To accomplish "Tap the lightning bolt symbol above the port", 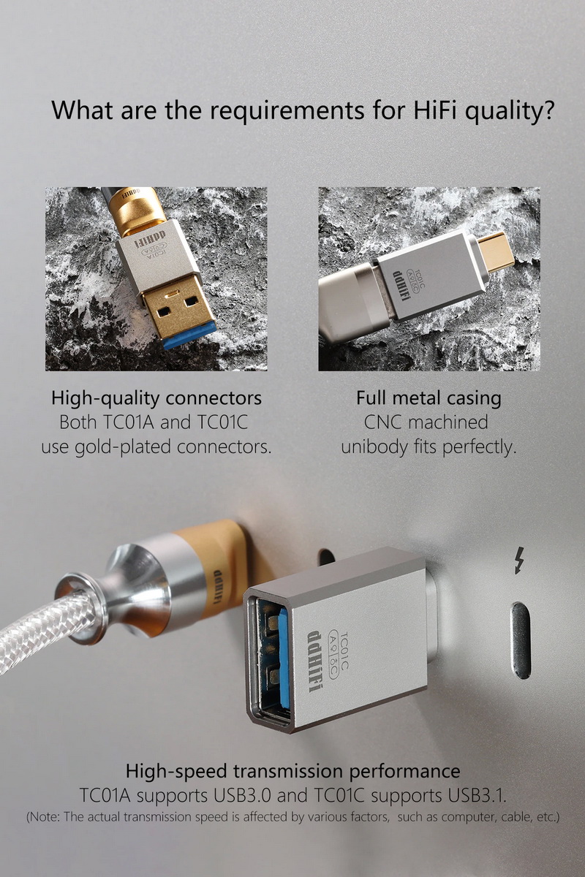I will pos(519,561).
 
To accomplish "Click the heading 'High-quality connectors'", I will pos(156,399).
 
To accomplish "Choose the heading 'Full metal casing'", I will pos(429,398).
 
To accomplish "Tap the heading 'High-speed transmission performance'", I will pos(292,771).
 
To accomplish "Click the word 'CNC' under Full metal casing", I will pos(384,422).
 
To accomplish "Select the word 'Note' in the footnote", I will pos(45,816).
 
